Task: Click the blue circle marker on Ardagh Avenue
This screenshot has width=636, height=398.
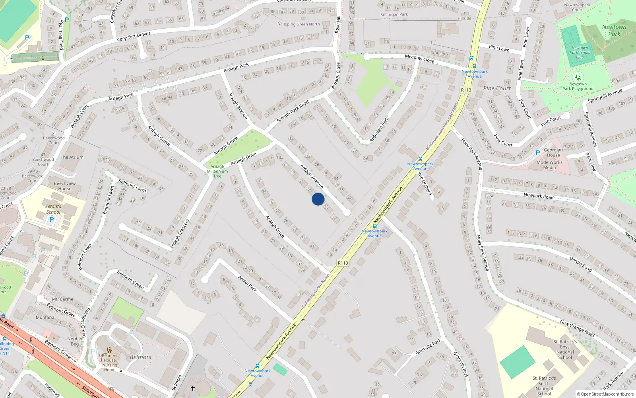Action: pos(318,199)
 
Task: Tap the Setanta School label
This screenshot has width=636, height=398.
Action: pos(53,209)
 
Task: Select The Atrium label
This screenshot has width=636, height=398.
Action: pos(72,157)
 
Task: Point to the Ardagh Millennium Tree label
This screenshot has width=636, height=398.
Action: pos(217,171)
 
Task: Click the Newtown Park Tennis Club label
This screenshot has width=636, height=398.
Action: pos(580,53)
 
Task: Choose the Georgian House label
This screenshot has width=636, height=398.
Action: pos(553,152)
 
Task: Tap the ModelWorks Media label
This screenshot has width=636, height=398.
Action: pos(549,165)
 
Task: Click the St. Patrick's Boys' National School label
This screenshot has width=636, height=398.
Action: pos(565,349)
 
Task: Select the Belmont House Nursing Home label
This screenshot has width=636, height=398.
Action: pos(110,363)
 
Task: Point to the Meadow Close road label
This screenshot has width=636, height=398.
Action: pos(419,59)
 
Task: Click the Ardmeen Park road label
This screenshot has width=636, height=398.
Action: pos(379,130)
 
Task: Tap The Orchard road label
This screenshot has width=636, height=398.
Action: pos(425,183)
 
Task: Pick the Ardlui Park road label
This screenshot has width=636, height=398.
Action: pos(247,283)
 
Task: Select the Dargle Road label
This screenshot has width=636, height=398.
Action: pos(581,264)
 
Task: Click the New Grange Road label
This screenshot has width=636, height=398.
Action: pos(577,328)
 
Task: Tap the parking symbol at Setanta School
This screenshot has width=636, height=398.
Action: pos(51,220)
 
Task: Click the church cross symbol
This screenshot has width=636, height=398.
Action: pos(193,388)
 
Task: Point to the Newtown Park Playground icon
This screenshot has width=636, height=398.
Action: pos(578,77)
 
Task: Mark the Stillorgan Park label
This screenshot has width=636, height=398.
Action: pos(394,15)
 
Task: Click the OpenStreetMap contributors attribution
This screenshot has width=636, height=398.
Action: pos(605,394)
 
